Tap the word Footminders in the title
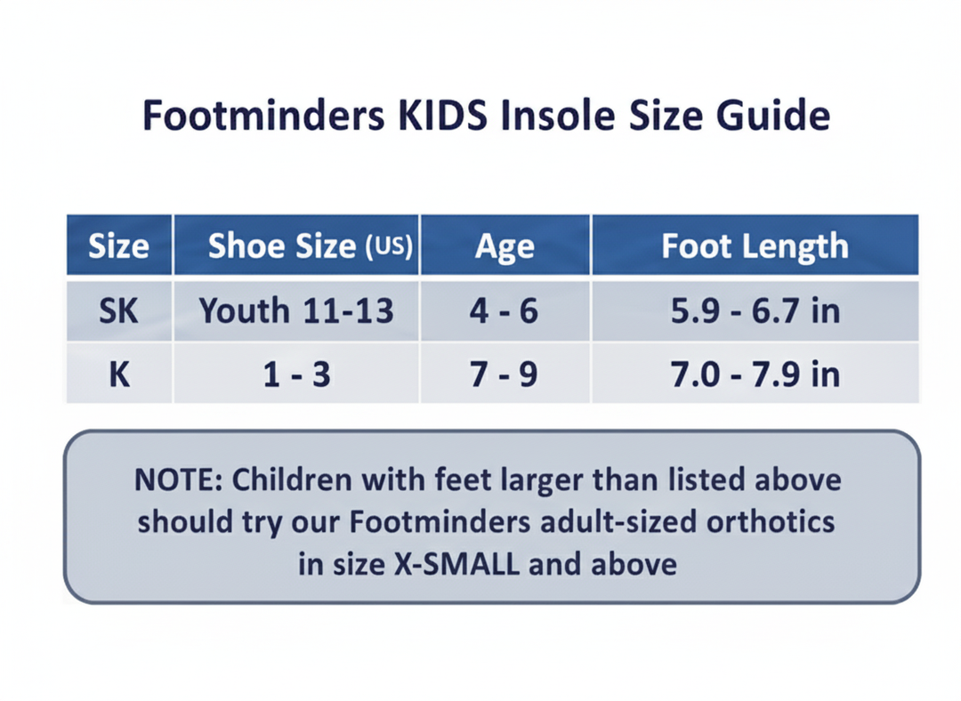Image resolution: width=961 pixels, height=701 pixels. [x=246, y=117]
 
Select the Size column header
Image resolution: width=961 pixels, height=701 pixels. [x=118, y=246]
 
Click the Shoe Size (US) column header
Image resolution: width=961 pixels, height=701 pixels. [x=296, y=246]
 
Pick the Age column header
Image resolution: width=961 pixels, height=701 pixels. [x=505, y=246]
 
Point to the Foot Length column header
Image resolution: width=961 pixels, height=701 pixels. [x=755, y=246]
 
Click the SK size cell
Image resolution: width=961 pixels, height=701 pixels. [x=118, y=310]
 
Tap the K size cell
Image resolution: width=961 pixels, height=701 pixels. [x=118, y=374]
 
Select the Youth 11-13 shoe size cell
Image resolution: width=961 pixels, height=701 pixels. [x=296, y=310]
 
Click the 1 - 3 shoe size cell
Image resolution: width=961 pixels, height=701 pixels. [x=296, y=374]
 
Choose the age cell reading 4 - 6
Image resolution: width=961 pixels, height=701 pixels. [x=505, y=310]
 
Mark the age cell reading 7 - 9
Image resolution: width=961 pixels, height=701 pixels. [x=505, y=374]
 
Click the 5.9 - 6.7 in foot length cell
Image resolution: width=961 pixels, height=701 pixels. [x=755, y=310]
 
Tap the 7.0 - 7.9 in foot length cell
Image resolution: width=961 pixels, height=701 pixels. [x=755, y=374]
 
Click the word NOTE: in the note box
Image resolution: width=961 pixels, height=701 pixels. [x=178, y=479]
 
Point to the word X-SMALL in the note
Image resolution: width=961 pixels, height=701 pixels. [x=454, y=563]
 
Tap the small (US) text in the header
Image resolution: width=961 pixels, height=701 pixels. [x=389, y=247]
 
